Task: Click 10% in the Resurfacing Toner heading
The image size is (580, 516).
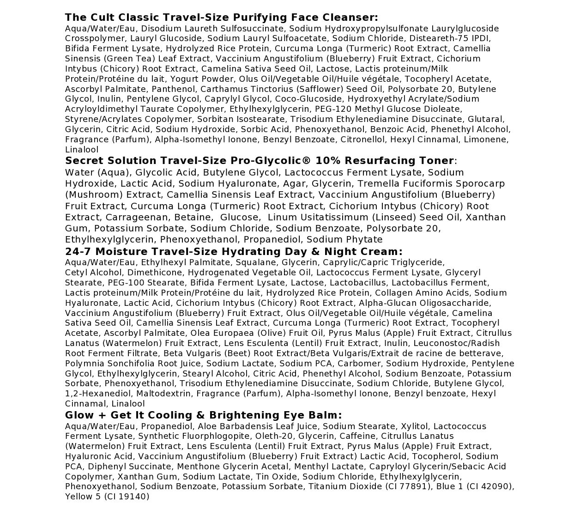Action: click(326, 161)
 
